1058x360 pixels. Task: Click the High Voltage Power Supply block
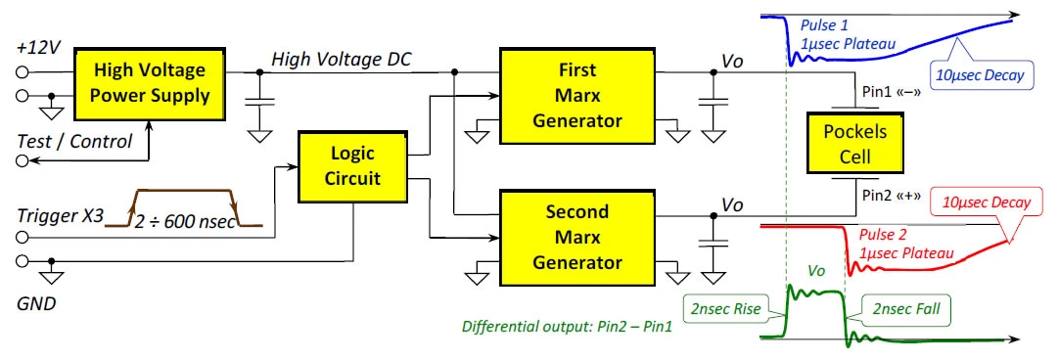151,82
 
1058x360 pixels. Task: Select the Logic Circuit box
352,166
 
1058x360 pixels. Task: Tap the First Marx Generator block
576,96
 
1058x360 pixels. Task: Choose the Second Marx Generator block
576,237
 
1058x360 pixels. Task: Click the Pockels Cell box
854,144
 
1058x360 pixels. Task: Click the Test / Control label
74,142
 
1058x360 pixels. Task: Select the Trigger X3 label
61,217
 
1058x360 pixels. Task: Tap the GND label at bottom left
36,304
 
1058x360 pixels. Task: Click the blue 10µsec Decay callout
981,74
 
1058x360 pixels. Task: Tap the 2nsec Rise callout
725,310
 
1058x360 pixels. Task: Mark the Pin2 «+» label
892,196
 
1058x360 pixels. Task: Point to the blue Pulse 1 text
823,24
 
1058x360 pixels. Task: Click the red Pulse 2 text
881,236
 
